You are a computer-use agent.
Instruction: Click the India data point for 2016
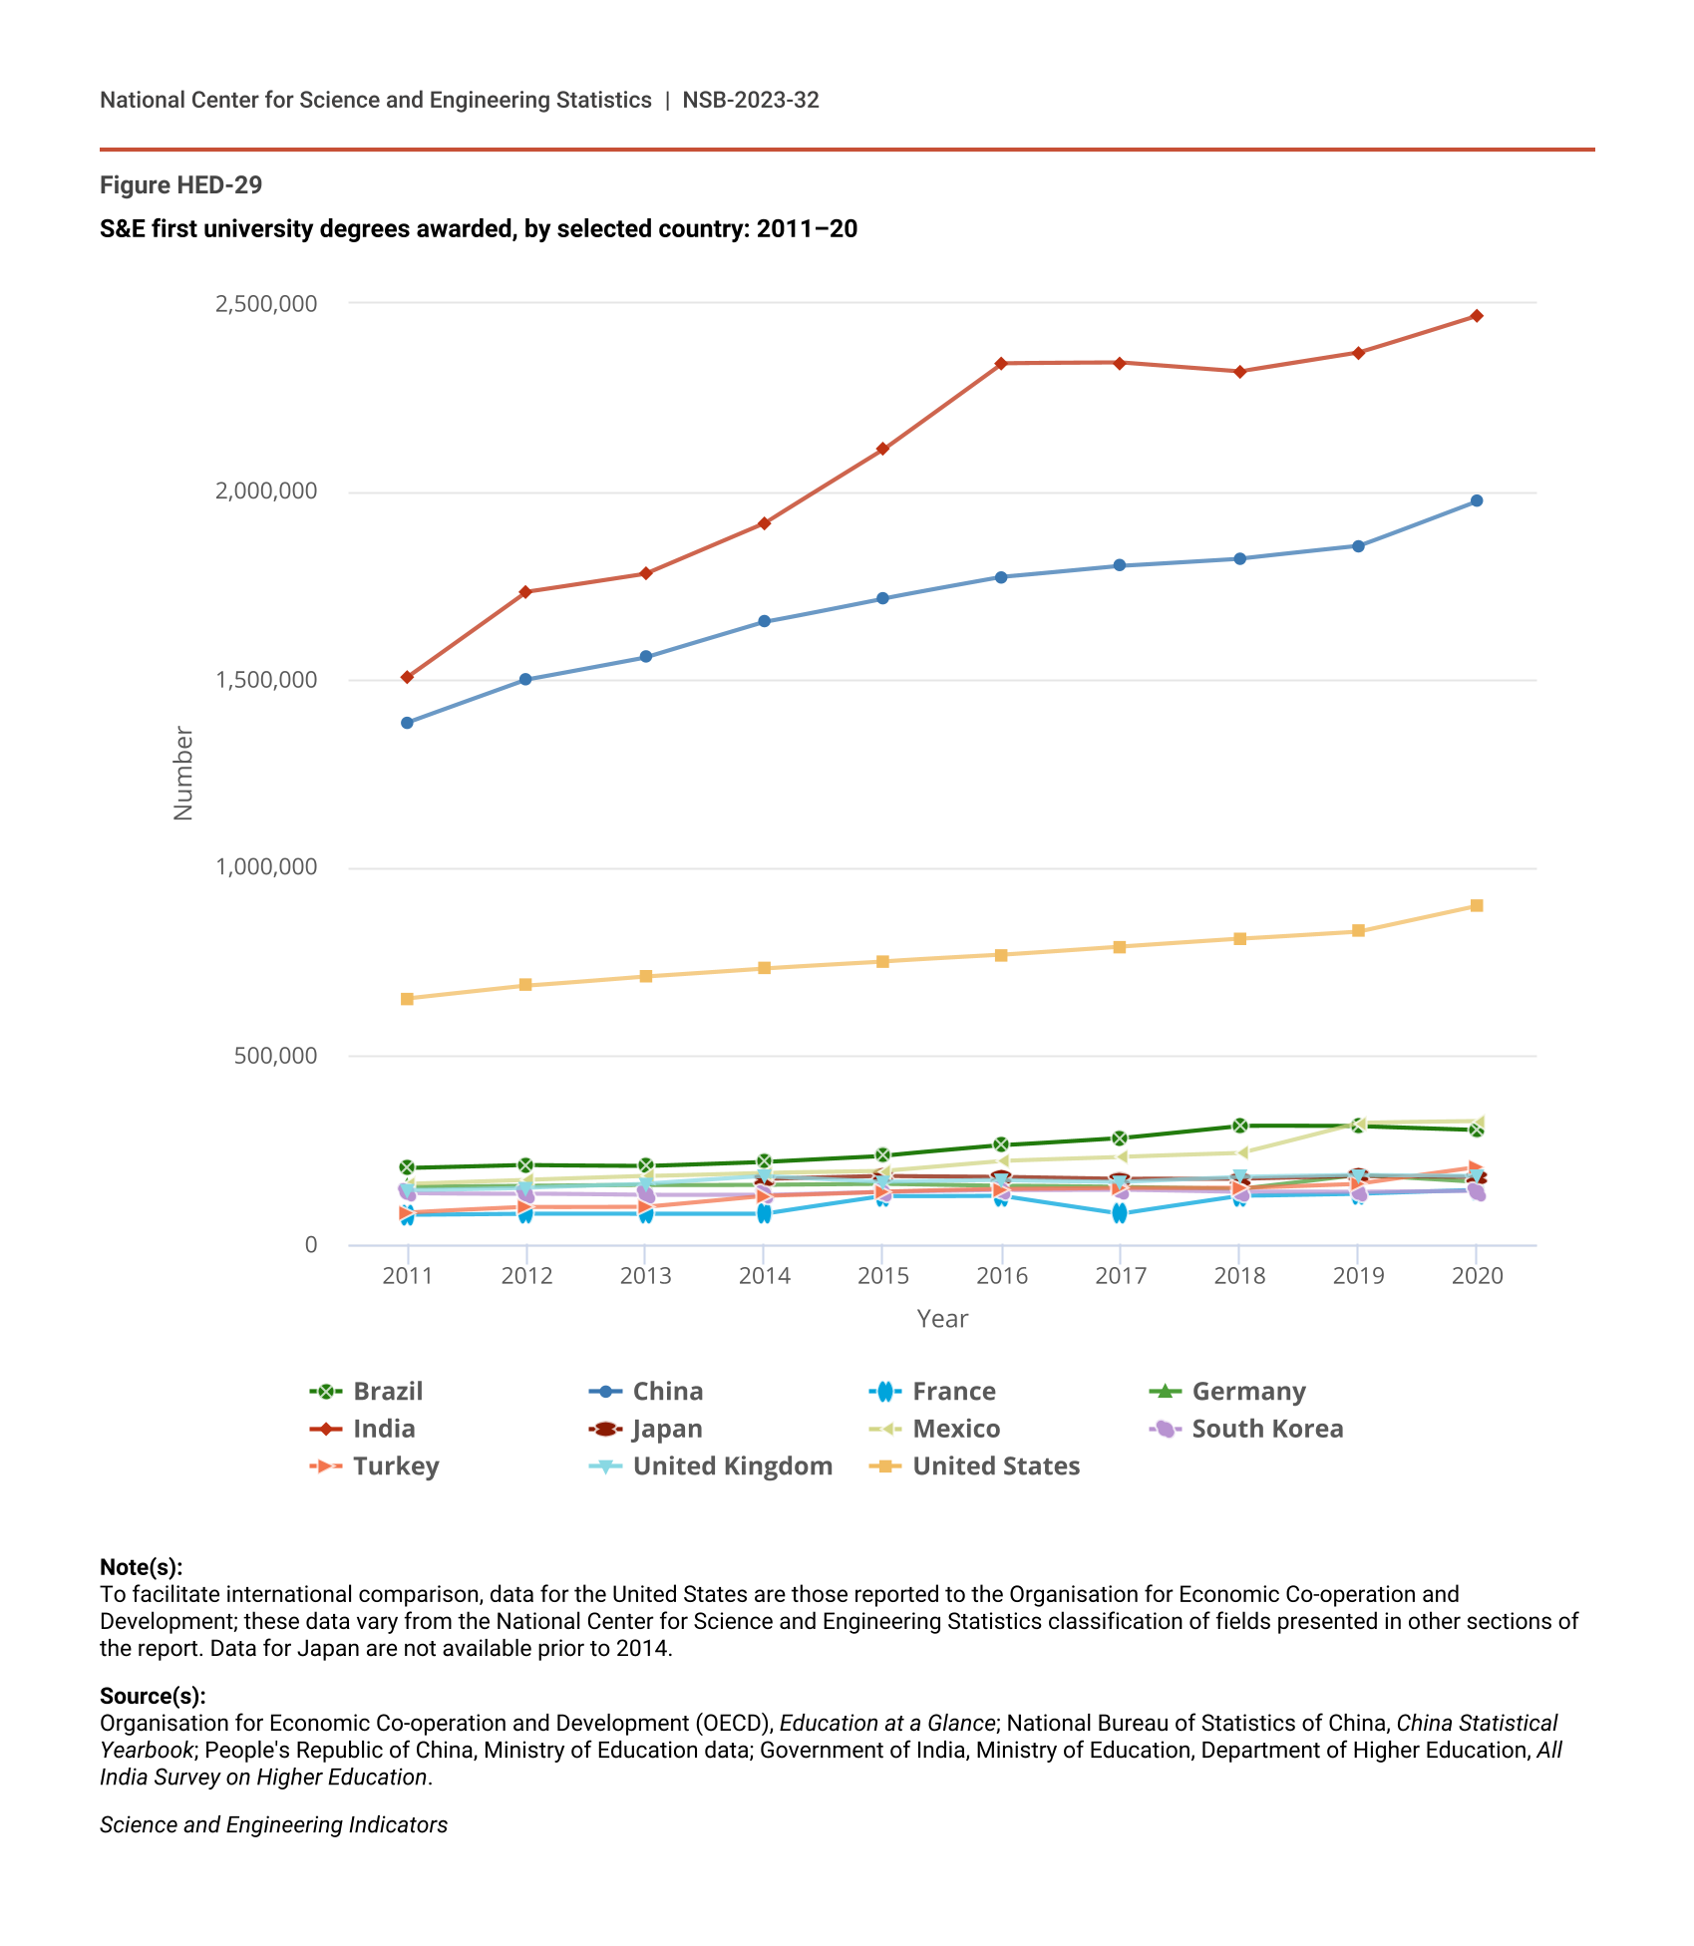coord(1001,363)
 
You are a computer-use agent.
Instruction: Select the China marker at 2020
coord(1477,500)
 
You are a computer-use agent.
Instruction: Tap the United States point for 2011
coord(407,999)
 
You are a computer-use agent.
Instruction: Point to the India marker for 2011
coord(407,677)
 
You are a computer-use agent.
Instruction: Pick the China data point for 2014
coord(764,621)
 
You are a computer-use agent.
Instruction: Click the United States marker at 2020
coord(1477,905)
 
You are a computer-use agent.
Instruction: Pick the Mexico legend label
coord(955,1429)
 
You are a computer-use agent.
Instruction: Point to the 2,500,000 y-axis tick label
coord(266,303)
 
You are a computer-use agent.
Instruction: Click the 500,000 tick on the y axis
coord(275,1056)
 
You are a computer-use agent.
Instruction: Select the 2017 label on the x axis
coord(1120,1276)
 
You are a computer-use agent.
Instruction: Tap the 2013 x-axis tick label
coord(645,1276)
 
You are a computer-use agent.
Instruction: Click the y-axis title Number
coord(183,774)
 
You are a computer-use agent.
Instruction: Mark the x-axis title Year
coord(942,1319)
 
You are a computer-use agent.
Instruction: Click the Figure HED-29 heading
coord(180,185)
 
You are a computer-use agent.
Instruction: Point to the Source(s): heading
coord(153,1696)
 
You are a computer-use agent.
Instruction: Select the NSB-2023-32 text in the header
coord(751,100)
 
